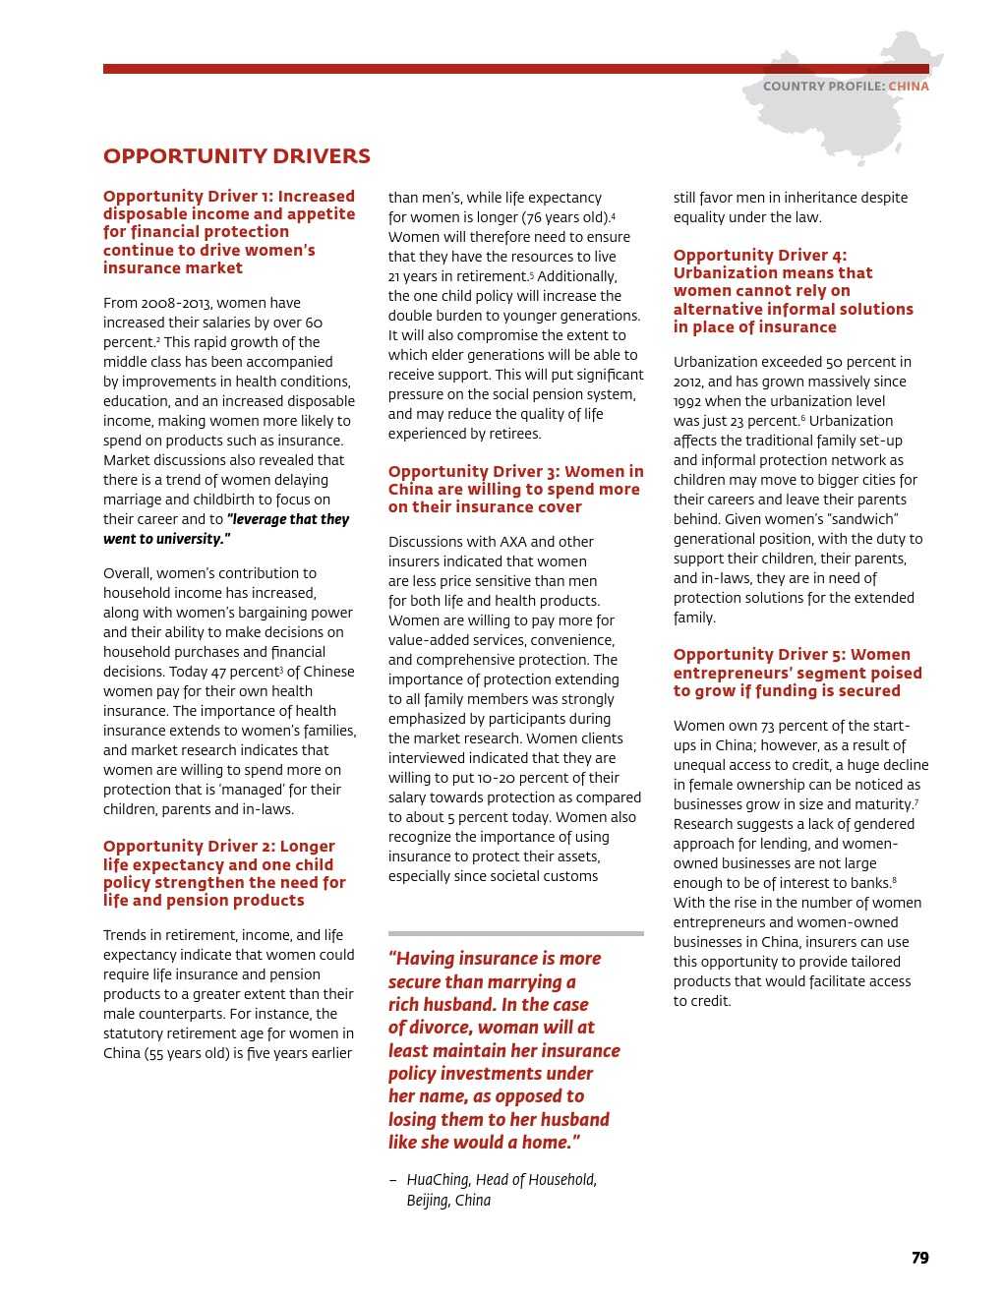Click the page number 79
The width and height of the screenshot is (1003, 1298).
[x=919, y=1258]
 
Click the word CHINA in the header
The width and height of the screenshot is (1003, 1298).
[x=909, y=87]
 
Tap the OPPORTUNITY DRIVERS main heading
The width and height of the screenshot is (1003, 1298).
[x=237, y=156]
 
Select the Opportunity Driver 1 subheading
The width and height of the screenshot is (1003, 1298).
[x=229, y=232]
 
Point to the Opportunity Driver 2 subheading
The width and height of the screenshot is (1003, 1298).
[x=224, y=873]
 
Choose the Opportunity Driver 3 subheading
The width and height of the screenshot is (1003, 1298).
[x=515, y=490]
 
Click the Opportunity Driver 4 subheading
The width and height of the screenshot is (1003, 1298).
[x=793, y=291]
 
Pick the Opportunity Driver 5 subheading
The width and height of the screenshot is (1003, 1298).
[x=797, y=673]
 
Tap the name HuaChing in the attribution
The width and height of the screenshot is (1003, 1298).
[x=438, y=1180]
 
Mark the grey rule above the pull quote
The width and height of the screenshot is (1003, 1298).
[x=515, y=933]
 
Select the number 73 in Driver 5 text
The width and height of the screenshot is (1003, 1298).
[x=768, y=726]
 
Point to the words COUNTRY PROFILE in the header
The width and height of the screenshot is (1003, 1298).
[x=823, y=87]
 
